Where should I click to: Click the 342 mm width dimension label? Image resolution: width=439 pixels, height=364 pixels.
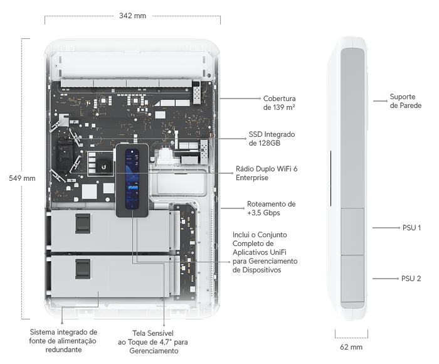coord(132,16)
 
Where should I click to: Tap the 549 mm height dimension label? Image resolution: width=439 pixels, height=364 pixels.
coord(22,178)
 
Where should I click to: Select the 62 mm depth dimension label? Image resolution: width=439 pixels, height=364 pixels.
coord(351,347)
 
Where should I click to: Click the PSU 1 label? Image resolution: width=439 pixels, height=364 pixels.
coord(411,228)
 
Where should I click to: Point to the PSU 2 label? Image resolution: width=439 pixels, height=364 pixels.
coord(411,279)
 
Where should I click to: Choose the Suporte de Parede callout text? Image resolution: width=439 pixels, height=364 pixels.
coord(405,101)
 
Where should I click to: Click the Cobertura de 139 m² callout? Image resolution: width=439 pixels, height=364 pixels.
coord(279,103)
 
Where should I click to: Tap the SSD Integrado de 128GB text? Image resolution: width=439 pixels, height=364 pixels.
coord(272,139)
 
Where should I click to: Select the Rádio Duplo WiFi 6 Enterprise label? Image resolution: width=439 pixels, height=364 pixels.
coord(267,173)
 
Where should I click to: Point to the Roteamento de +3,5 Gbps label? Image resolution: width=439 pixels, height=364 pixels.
coord(271,208)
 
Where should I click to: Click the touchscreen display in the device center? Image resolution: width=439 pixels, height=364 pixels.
coord(132,179)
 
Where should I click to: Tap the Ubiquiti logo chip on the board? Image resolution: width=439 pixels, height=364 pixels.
coord(104,167)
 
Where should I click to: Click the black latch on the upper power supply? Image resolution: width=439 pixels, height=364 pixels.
coord(83,223)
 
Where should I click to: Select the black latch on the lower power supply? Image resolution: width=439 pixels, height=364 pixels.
coord(83,269)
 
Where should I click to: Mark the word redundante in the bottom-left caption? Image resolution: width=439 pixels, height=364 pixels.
coord(63,350)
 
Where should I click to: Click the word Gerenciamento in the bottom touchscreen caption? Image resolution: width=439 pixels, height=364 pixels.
coord(154,351)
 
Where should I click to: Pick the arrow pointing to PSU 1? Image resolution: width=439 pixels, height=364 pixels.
coord(386,228)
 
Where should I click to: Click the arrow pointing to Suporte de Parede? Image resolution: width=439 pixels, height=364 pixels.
coord(380,101)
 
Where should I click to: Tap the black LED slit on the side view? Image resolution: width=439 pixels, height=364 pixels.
coord(331,178)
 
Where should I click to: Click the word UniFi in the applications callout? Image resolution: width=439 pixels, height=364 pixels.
coord(278,252)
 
